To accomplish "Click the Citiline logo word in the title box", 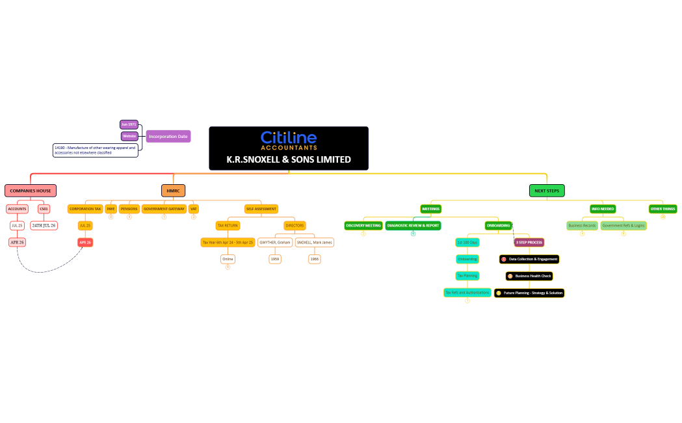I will tap(288, 137).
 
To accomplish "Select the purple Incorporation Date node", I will tap(168, 137).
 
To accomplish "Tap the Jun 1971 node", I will tap(129, 124).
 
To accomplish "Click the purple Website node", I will tap(130, 136).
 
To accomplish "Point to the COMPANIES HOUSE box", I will tap(31, 191).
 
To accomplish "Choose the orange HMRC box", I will tap(173, 191).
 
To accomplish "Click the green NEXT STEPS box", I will tap(547, 191).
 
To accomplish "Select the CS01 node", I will tap(44, 209).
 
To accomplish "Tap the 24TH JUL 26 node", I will tap(44, 225).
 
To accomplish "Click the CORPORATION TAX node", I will tap(85, 209).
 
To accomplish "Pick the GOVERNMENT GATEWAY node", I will tap(164, 209).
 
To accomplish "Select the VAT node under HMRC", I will tap(193, 209).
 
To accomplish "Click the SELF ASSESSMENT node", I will tap(261, 209).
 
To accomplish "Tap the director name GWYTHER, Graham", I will tap(274, 242).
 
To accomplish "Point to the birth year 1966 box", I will tap(315, 258).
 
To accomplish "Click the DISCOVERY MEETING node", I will tap(363, 225).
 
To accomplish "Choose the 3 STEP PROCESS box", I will tap(529, 242).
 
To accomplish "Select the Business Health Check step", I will tap(529, 276).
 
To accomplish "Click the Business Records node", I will tap(582, 225).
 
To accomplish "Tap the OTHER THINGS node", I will tap(662, 209).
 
